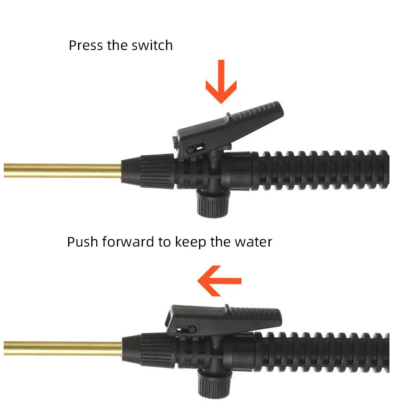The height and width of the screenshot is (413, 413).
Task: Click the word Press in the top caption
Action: pyautogui.click(x=85, y=45)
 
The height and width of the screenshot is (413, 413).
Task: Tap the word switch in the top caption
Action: pyautogui.click(x=152, y=45)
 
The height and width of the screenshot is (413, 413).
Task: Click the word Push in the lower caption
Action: pyautogui.click(x=83, y=242)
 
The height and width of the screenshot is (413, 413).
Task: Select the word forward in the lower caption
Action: pyautogui.click(x=128, y=242)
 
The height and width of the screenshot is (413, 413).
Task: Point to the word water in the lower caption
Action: pyautogui.click(x=254, y=242)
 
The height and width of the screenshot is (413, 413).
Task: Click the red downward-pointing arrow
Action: pyautogui.click(x=221, y=82)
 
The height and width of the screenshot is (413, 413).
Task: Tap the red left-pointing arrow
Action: pyautogui.click(x=219, y=281)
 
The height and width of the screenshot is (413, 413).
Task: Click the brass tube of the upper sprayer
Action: pyautogui.click(x=62, y=171)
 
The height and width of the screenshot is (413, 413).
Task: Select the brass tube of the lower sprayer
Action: pyautogui.click(x=63, y=349)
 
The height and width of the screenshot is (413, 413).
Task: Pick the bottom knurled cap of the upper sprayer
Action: pyautogui.click(x=213, y=204)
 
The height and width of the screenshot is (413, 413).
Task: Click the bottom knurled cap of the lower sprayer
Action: pyautogui.click(x=214, y=383)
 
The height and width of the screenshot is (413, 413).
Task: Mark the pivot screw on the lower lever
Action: pyautogui.click(x=193, y=329)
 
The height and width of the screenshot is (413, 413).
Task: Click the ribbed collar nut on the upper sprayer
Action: pyautogui.click(x=157, y=171)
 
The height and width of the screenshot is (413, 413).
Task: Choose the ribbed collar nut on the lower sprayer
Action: pyautogui.click(x=157, y=350)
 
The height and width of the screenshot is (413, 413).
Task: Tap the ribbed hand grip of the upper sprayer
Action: pyautogui.click(x=320, y=171)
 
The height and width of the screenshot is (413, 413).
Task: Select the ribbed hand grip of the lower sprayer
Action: pyautogui.click(x=321, y=352)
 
